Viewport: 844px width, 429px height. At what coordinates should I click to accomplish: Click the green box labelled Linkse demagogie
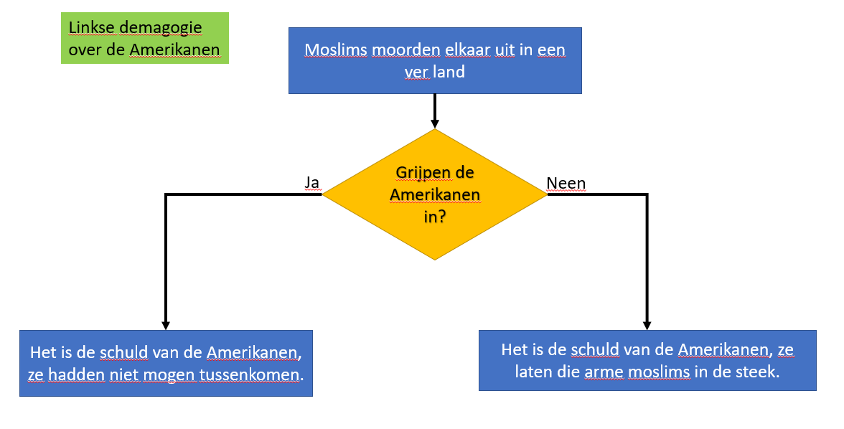144,38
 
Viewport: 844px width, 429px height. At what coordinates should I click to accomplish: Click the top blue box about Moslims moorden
435,60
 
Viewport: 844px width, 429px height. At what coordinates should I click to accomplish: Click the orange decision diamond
435,194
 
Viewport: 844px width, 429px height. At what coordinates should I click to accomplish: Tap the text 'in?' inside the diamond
435,217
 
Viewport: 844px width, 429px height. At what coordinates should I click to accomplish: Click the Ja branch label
311,183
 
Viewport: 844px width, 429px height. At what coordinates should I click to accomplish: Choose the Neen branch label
566,183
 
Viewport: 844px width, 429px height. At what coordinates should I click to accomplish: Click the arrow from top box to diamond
435,111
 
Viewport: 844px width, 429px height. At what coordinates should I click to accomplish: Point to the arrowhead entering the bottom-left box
166,324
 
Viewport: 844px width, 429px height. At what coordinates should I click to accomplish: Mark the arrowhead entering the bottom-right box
647,324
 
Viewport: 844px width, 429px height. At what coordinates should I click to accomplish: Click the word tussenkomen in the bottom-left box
261,374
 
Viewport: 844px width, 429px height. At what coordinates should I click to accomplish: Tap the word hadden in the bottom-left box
72,374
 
